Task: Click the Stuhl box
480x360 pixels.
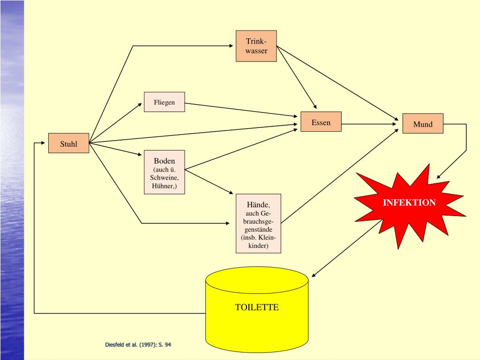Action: (x=68, y=143)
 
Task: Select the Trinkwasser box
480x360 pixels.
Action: (x=256, y=46)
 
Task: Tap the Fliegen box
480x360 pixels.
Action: (x=164, y=102)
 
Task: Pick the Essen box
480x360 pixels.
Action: (x=321, y=122)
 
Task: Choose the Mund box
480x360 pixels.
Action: (x=422, y=124)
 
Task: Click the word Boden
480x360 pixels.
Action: (x=164, y=161)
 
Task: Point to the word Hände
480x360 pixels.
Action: (x=258, y=205)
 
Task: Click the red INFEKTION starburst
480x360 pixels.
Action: (x=409, y=203)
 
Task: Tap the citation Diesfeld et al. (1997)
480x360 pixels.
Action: (x=138, y=345)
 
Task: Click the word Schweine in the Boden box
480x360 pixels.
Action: (x=164, y=178)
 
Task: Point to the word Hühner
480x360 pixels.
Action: (x=164, y=186)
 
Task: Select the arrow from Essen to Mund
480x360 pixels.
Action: (x=370, y=124)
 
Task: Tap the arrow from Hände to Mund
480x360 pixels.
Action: (x=340, y=174)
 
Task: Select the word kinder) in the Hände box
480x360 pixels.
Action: (x=258, y=246)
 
